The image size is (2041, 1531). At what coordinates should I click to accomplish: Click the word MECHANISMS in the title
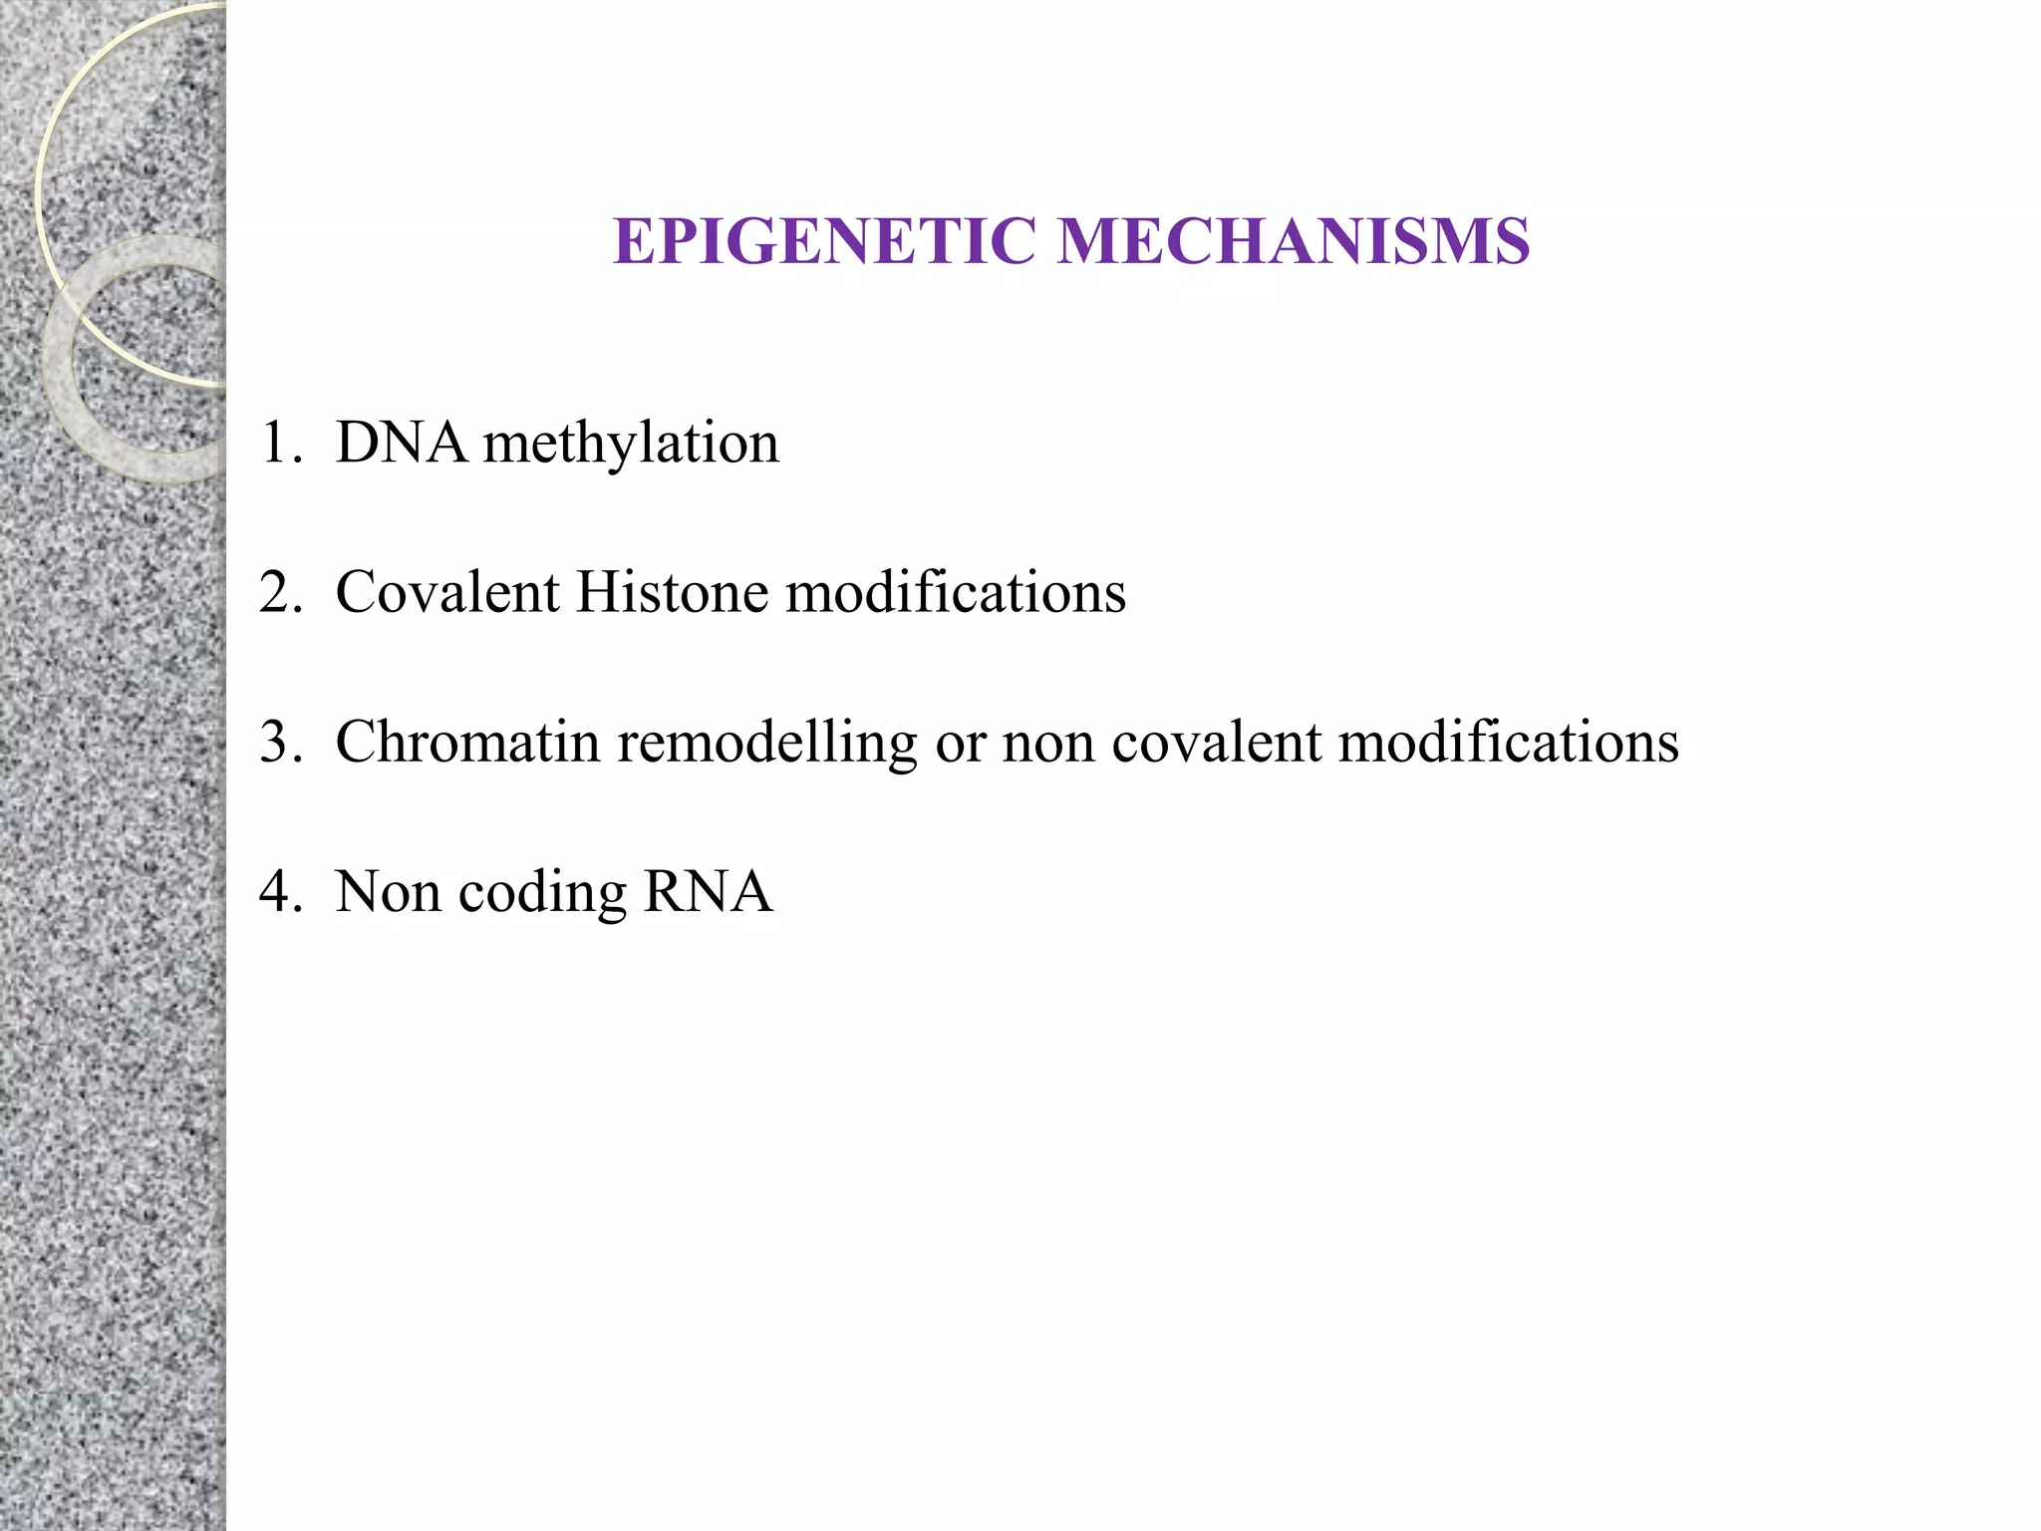[x=1294, y=242]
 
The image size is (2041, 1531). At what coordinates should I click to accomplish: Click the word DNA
[x=402, y=443]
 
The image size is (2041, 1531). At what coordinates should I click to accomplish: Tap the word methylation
[x=631, y=445]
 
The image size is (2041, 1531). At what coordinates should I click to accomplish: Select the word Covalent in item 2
[x=447, y=592]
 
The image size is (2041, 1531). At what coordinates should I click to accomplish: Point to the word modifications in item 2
[x=956, y=592]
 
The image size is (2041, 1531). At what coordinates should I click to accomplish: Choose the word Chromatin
[x=468, y=743]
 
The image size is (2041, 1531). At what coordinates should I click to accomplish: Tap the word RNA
[x=709, y=892]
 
